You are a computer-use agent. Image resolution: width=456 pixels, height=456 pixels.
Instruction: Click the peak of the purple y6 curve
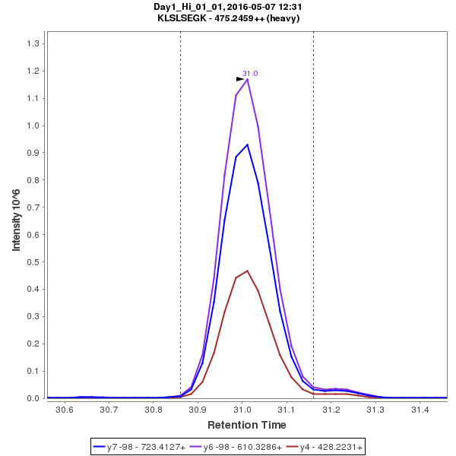247,79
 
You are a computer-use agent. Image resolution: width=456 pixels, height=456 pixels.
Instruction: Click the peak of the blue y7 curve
247,144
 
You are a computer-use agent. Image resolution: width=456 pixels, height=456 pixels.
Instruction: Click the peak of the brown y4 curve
247,271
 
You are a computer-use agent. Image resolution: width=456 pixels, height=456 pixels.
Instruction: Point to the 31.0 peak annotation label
250,74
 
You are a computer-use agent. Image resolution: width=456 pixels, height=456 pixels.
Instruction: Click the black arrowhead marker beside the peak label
240,78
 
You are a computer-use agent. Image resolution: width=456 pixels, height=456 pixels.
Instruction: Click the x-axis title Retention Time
247,425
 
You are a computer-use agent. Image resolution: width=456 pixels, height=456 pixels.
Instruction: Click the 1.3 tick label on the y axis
33,43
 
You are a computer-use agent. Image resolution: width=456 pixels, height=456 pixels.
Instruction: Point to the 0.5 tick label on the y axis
33,262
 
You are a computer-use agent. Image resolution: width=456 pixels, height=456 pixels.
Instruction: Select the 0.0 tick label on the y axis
33,398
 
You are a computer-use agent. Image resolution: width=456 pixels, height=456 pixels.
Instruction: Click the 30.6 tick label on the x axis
65,410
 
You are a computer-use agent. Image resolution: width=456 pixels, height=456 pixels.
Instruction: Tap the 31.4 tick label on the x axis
420,410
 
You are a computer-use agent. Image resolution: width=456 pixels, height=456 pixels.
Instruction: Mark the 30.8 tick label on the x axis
154,410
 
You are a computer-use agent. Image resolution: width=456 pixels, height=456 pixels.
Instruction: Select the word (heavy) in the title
283,17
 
